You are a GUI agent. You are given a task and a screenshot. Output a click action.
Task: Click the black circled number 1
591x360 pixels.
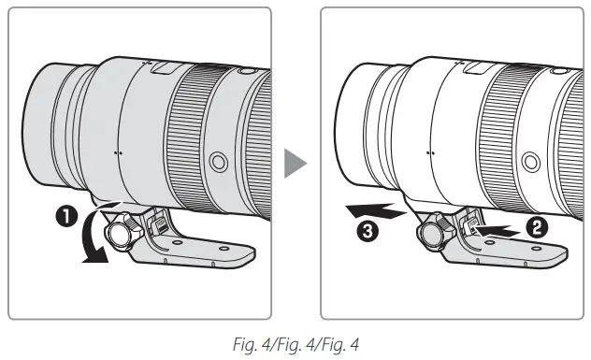tap(67, 222)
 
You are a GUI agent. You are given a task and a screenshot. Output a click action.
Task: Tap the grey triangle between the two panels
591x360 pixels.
tap(295, 165)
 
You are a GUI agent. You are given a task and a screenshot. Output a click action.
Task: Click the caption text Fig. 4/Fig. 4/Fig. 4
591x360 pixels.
tap(295, 340)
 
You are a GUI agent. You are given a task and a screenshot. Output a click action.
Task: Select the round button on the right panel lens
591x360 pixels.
tap(530, 161)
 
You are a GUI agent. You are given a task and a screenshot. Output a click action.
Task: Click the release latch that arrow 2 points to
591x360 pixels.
tap(470, 224)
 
